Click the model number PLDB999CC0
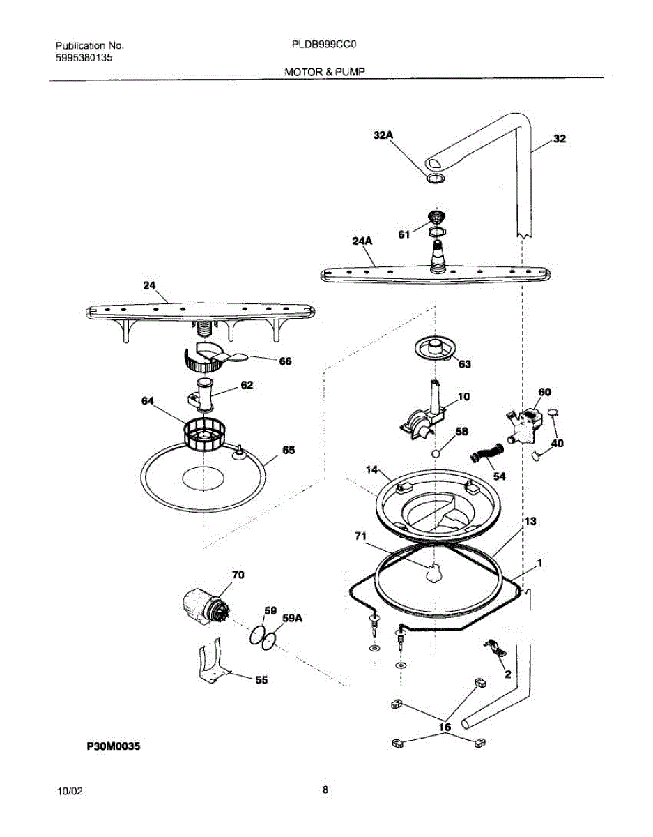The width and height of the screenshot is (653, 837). [324, 45]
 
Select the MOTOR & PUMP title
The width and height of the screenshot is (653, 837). [324, 72]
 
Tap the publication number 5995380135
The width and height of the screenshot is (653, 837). [84, 58]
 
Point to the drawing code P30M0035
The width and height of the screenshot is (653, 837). [114, 746]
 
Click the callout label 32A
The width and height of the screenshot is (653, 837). [383, 135]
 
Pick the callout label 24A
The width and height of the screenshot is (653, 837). [362, 241]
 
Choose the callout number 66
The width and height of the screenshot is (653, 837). [285, 361]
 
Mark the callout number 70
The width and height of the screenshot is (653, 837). [238, 575]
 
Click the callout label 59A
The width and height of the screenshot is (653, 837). [292, 618]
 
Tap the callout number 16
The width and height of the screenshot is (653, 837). [445, 727]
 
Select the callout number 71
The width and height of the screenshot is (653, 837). [360, 536]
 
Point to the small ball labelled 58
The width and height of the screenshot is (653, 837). [435, 453]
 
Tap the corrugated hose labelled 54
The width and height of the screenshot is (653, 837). [486, 453]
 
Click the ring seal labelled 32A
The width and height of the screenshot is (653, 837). [435, 179]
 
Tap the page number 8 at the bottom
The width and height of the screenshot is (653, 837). [325, 790]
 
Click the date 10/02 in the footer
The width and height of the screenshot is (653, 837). [70, 792]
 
